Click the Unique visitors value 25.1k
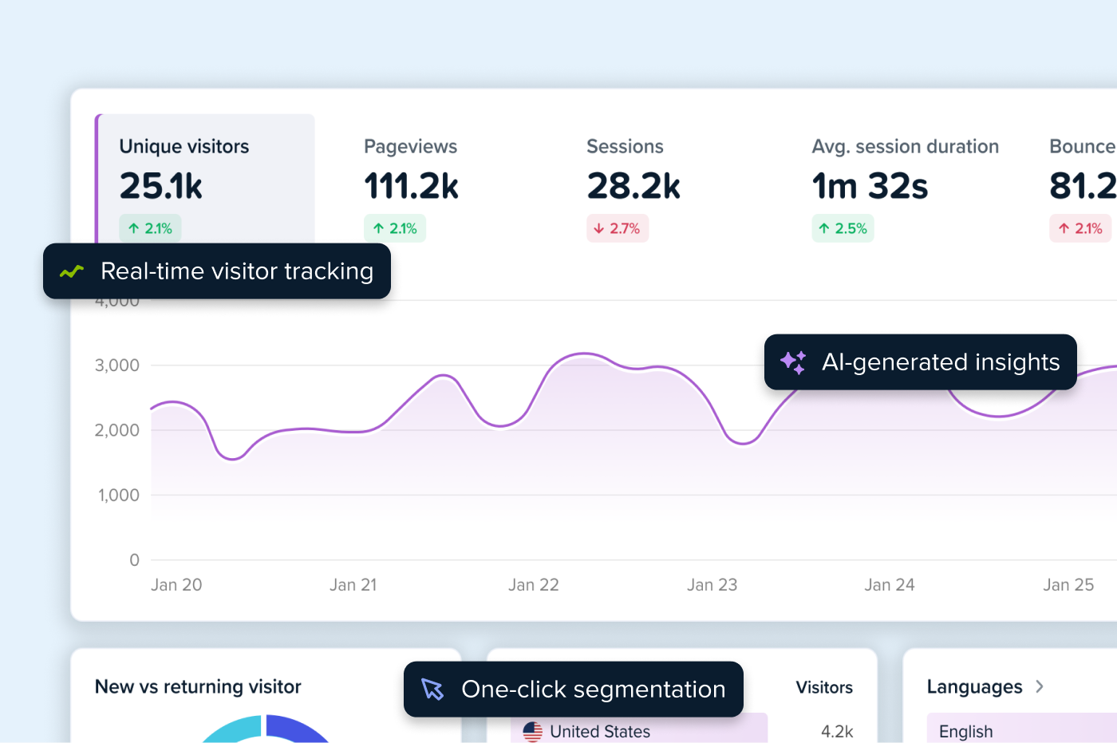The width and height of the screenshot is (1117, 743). pos(161,186)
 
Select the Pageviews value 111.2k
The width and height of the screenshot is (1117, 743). pos(411,186)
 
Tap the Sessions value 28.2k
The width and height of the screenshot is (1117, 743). pos(633,186)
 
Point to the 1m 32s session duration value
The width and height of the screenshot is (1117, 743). pos(870,186)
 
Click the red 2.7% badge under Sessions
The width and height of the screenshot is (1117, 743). pos(617,229)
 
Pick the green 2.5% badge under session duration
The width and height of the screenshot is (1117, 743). pos(843,229)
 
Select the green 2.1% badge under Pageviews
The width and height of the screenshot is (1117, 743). pos(395,229)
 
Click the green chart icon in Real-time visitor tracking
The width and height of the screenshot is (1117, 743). pos(72,272)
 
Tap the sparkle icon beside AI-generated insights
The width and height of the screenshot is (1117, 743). pos(793,362)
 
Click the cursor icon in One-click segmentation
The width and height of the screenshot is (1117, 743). pos(432,690)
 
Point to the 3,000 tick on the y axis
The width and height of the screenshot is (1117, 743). pos(117,366)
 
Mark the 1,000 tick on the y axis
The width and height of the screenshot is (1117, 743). pos(118,496)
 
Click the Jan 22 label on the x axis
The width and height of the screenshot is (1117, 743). pos(534,585)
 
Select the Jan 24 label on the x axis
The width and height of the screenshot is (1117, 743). pos(890,585)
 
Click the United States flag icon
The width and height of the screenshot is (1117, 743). pos(532,731)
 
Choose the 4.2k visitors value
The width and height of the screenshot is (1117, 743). pos(837,731)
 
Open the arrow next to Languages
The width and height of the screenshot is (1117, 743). pos(1040,687)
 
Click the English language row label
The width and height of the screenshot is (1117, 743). pos(965,731)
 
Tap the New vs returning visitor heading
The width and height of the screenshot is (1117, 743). pos(198,687)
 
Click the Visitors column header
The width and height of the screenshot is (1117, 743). pos(824,687)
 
